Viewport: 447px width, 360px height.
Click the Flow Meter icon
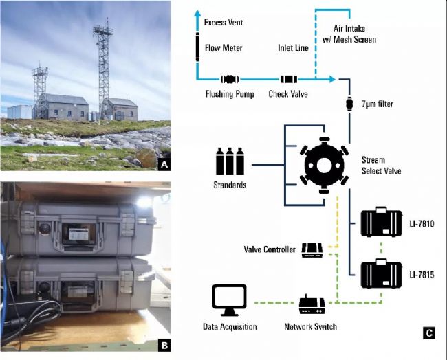tap(197, 49)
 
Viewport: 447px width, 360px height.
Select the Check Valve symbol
tap(287, 80)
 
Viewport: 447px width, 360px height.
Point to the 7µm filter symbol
tap(349, 104)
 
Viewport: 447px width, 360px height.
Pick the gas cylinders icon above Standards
tap(230, 161)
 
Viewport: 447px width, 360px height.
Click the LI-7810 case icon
tap(381, 223)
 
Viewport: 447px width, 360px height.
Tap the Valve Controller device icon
tap(312, 250)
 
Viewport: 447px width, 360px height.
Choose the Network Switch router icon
tap(311, 303)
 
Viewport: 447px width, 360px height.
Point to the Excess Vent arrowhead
tap(197, 14)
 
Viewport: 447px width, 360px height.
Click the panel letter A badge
tap(164, 164)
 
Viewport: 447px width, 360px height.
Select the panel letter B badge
tap(164, 345)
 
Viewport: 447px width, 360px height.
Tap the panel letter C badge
tap(428, 335)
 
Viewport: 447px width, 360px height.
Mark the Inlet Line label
tap(293, 49)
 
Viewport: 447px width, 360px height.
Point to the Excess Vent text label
tap(224, 23)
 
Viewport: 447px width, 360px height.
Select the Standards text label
tap(230, 185)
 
